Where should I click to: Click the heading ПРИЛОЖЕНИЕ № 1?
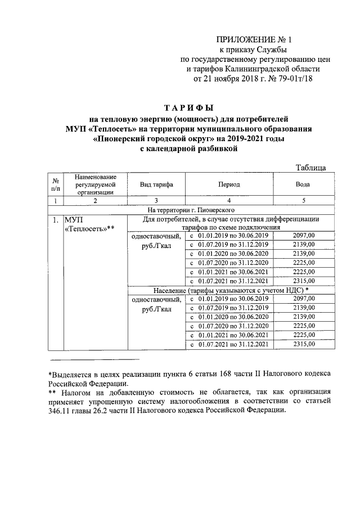click(x=255, y=39)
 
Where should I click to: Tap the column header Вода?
click(x=302, y=184)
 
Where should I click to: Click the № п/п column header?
click(x=56, y=184)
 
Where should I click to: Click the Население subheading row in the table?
click(x=231, y=289)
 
